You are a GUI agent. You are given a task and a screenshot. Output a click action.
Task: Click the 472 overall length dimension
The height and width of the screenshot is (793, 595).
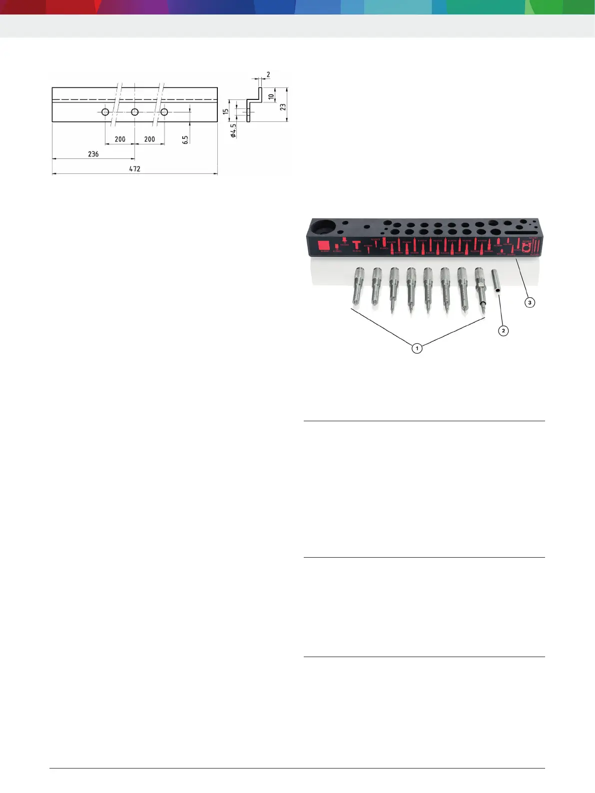click(135, 169)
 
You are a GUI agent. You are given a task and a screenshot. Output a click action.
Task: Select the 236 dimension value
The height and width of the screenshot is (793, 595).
click(93, 154)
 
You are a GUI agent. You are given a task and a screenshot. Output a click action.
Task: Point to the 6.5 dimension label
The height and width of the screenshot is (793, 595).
click(185, 140)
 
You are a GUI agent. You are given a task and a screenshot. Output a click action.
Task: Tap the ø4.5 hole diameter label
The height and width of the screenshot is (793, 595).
click(233, 131)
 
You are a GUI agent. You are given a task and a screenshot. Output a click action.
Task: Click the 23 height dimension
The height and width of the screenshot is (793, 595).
click(283, 107)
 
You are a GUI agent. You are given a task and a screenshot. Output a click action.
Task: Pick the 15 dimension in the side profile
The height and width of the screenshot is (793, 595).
click(226, 112)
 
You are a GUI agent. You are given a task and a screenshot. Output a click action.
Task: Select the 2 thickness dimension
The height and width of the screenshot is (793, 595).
click(268, 74)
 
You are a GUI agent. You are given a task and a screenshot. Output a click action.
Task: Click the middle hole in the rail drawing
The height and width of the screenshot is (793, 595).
click(135, 112)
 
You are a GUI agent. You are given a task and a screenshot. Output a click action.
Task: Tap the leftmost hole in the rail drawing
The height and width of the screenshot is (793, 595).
click(105, 112)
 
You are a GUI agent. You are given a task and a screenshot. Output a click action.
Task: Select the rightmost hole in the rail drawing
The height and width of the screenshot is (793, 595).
click(164, 112)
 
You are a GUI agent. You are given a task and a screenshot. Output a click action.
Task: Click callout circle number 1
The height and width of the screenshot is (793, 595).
click(417, 348)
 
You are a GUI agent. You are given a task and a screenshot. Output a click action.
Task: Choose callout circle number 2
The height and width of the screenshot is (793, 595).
click(503, 330)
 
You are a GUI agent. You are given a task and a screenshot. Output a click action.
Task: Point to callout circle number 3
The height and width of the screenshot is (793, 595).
click(530, 302)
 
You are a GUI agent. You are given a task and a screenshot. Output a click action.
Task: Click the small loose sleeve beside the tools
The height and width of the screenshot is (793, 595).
click(497, 283)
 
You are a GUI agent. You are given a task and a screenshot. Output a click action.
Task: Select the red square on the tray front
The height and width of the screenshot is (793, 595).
click(323, 245)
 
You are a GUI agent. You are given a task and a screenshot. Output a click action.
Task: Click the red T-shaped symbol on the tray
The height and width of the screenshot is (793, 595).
click(356, 245)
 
